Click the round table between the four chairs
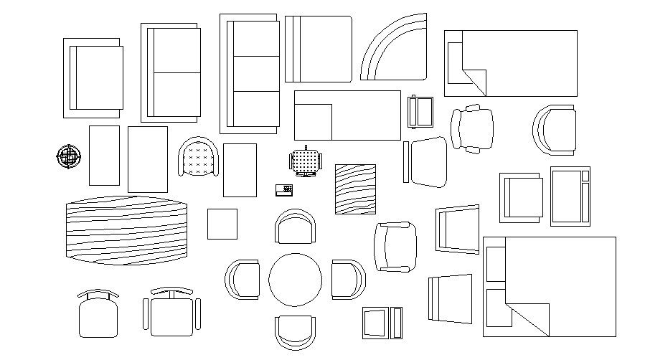[x=295, y=280]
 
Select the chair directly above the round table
[x=295, y=227]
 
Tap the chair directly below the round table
[x=295, y=332]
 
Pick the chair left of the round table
[x=243, y=279]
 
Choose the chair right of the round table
[x=348, y=279]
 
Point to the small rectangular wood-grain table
[x=355, y=189]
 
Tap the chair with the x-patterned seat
[x=199, y=158]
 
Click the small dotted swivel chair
[x=307, y=161]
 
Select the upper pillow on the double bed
[x=496, y=265]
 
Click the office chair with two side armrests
[x=171, y=313]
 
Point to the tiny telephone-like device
[x=284, y=189]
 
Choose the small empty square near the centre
[x=222, y=224]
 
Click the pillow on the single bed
[x=454, y=62]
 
